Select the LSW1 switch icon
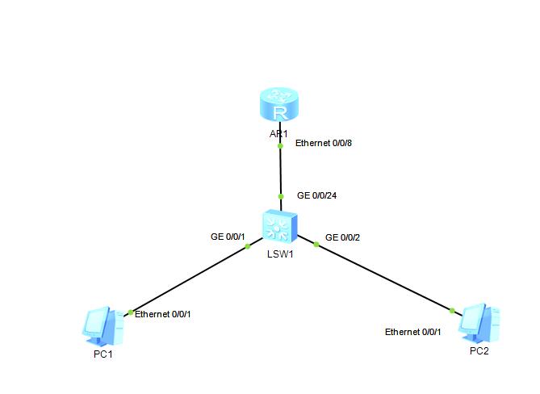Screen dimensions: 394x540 [x=280, y=226]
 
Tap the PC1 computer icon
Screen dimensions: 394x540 [x=103, y=325]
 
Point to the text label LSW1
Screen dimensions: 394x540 [x=279, y=254]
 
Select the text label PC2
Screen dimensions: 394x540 [x=479, y=351]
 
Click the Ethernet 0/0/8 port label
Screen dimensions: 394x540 [x=324, y=143]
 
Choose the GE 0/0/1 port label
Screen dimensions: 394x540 [x=227, y=237]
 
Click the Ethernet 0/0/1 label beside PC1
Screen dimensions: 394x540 [x=162, y=314]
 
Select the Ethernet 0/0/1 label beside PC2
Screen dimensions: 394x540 [x=412, y=332]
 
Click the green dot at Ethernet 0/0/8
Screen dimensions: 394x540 [x=280, y=146]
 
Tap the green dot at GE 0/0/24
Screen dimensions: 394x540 [x=280, y=196]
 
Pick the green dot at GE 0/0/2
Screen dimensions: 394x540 [x=316, y=243]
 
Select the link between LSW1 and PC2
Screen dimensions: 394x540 [x=384, y=276]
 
